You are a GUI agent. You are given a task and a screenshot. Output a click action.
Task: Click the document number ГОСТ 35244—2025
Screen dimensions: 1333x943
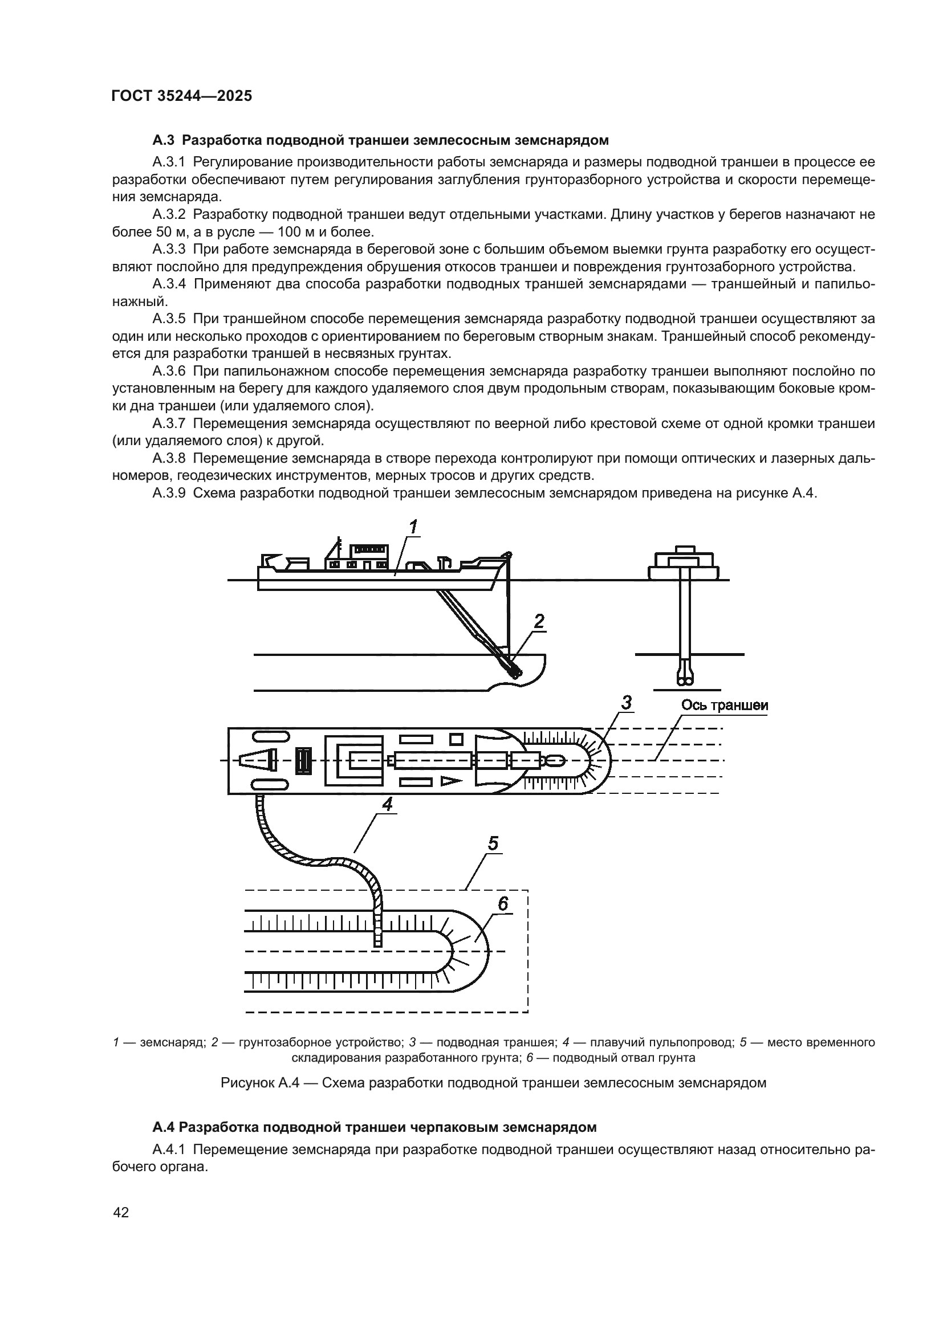coord(181,96)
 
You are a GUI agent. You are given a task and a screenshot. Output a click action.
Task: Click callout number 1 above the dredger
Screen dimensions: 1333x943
coord(413,527)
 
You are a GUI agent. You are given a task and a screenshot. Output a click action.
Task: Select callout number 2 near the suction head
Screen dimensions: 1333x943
coord(539,622)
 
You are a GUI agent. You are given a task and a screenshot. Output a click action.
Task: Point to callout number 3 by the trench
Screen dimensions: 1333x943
coord(626,703)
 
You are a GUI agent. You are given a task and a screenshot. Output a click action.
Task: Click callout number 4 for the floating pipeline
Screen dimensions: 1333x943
coord(387,804)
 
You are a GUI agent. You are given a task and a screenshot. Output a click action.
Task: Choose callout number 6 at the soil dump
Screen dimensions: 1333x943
coord(503,903)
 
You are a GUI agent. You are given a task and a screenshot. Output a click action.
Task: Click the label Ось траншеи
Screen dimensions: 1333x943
coord(724,706)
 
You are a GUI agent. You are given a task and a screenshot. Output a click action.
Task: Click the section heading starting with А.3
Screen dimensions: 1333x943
coord(380,140)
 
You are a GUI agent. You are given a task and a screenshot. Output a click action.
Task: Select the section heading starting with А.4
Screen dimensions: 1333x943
coord(375,1143)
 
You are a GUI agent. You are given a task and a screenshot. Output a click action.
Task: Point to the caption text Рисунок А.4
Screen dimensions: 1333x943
coord(259,1083)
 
